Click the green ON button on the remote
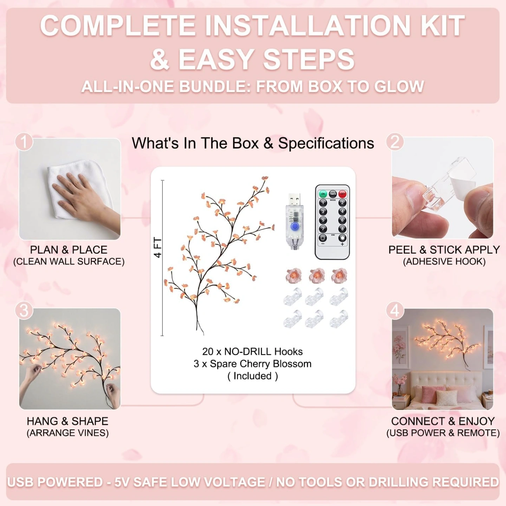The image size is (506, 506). tap(323, 194)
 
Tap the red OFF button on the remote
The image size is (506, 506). tap(342, 194)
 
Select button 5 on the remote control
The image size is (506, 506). tap(323, 220)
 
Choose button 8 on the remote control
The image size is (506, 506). tap(342, 229)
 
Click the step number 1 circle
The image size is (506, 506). tap(24, 142)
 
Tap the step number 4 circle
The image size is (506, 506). tap(395, 311)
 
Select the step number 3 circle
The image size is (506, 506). tap(24, 311)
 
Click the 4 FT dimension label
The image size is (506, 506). tap(157, 248)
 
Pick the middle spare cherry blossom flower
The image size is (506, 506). tap(317, 275)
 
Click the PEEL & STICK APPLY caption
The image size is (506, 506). tap(444, 250)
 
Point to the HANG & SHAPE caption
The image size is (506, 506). tap(67, 421)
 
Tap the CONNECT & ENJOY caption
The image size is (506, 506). tap(443, 421)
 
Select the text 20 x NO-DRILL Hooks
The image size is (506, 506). tap(252, 352)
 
